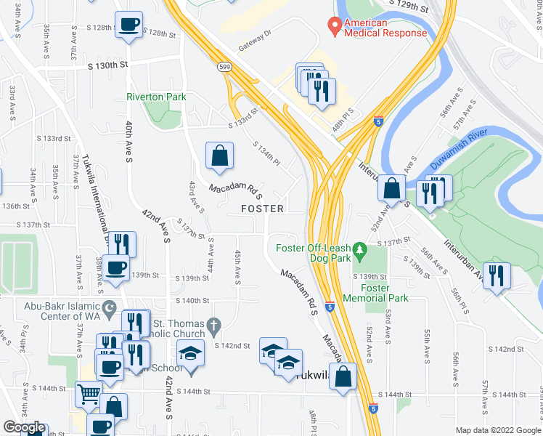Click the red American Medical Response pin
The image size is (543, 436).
click(334, 26)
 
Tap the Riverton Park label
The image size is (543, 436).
click(156, 97)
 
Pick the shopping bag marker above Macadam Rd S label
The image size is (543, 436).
click(219, 155)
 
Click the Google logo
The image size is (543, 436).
click(24, 427)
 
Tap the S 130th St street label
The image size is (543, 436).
click(107, 65)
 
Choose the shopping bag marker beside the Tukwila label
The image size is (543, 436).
click(346, 376)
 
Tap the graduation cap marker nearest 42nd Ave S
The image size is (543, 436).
click(190, 355)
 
